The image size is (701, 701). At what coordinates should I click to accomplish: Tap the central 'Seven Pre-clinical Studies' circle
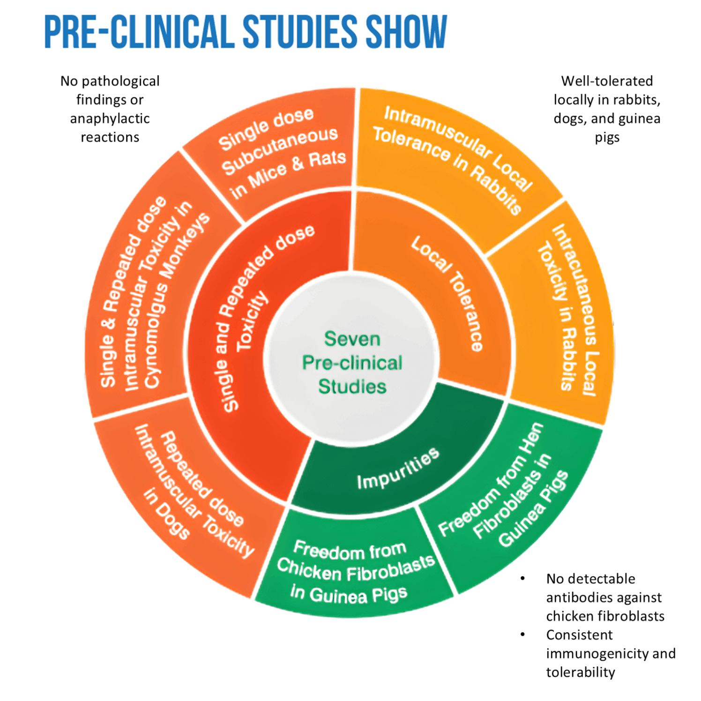[351, 362]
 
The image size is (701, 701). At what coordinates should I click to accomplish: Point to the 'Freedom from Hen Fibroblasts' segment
[506, 492]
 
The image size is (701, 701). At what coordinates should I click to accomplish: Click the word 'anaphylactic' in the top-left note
[110, 119]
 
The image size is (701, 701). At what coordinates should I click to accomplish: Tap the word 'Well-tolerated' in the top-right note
[607, 81]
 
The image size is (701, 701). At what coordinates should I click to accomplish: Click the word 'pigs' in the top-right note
[607, 137]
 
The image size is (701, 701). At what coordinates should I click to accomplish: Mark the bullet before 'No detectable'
[523, 579]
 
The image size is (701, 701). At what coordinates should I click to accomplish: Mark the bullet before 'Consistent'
[523, 635]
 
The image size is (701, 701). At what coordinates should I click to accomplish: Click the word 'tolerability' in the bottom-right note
[580, 672]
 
